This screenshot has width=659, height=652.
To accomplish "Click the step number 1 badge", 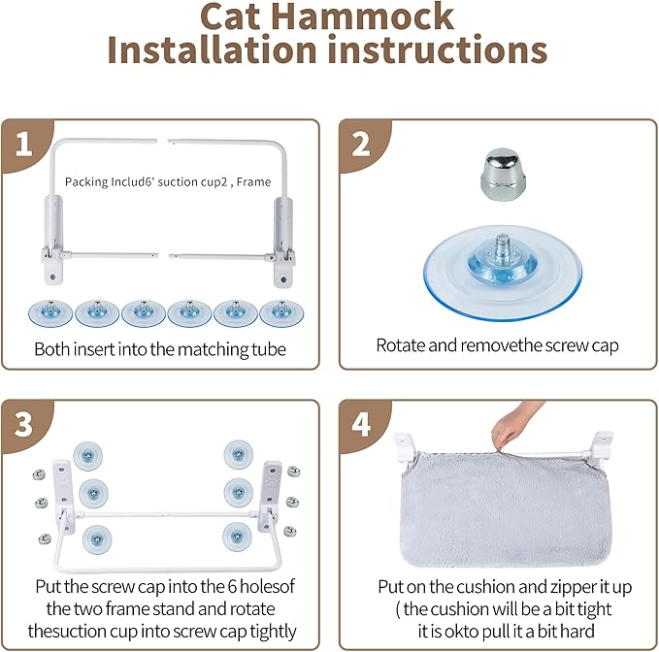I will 20,143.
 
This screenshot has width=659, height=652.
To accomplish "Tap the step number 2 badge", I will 360,143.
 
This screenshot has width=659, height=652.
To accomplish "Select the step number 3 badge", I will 20,423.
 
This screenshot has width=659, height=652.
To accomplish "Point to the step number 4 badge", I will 360,423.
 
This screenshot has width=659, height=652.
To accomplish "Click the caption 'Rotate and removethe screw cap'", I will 497,344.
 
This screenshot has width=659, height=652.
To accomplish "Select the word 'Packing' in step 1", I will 84,181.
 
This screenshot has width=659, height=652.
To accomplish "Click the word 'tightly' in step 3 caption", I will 267,632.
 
